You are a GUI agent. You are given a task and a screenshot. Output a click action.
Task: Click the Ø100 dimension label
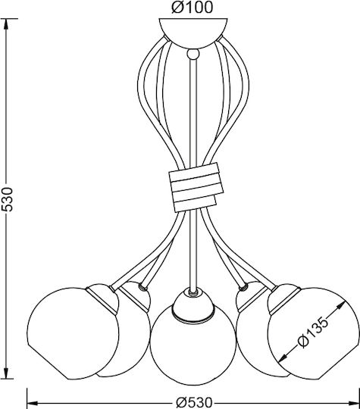coord(193,8)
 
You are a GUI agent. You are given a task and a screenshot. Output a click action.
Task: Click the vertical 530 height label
coord(7,199)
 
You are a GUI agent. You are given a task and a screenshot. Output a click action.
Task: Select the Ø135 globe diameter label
coord(313,333)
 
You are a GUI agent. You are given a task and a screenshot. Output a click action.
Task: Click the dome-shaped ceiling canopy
coord(193,33)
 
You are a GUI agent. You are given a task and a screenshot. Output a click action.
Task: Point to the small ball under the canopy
coord(193,54)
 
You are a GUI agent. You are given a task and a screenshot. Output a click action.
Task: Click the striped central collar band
coord(196,187)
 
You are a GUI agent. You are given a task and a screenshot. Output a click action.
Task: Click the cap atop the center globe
coord(193,304)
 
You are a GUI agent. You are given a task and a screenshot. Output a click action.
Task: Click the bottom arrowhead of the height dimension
coord(7,373)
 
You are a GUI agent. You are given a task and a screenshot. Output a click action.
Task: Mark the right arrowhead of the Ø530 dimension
coord(353,403)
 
